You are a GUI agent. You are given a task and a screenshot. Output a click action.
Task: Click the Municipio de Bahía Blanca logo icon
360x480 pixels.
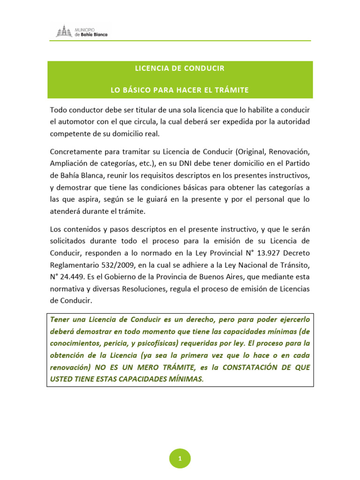64,31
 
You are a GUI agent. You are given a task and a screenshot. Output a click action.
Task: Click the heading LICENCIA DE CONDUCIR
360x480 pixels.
180,68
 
